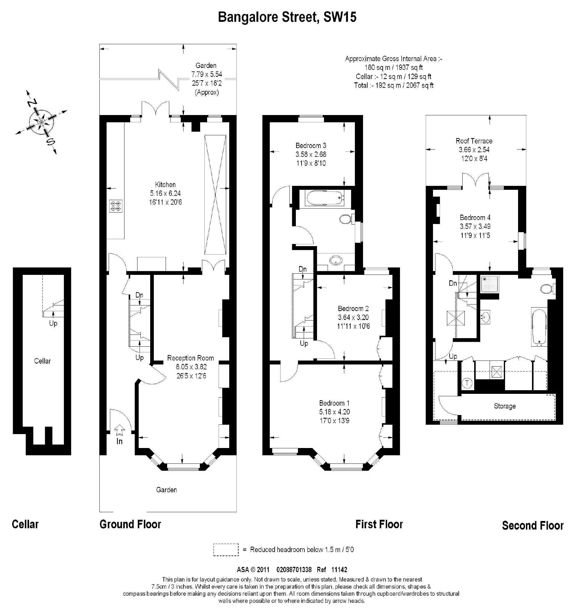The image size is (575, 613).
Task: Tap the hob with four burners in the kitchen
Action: [116, 206]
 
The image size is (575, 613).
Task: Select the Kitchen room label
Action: [165, 184]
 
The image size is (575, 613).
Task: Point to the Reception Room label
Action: [190, 358]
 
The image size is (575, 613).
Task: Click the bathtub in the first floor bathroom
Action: [325, 198]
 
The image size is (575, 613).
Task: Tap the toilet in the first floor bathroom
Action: [345, 219]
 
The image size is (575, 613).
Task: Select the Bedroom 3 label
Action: [311, 145]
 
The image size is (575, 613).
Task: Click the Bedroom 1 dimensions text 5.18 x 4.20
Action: [334, 412]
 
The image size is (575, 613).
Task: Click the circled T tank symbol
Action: [467, 383]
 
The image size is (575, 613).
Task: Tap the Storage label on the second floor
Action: [504, 406]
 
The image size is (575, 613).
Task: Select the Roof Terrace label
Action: [474, 141]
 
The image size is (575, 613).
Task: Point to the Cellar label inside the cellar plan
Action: [42, 361]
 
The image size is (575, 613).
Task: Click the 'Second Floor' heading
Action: [532, 526]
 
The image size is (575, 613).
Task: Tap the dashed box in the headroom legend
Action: [226, 549]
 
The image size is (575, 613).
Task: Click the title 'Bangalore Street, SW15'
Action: [287, 17]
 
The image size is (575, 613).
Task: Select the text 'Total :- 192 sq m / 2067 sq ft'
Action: [393, 85]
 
